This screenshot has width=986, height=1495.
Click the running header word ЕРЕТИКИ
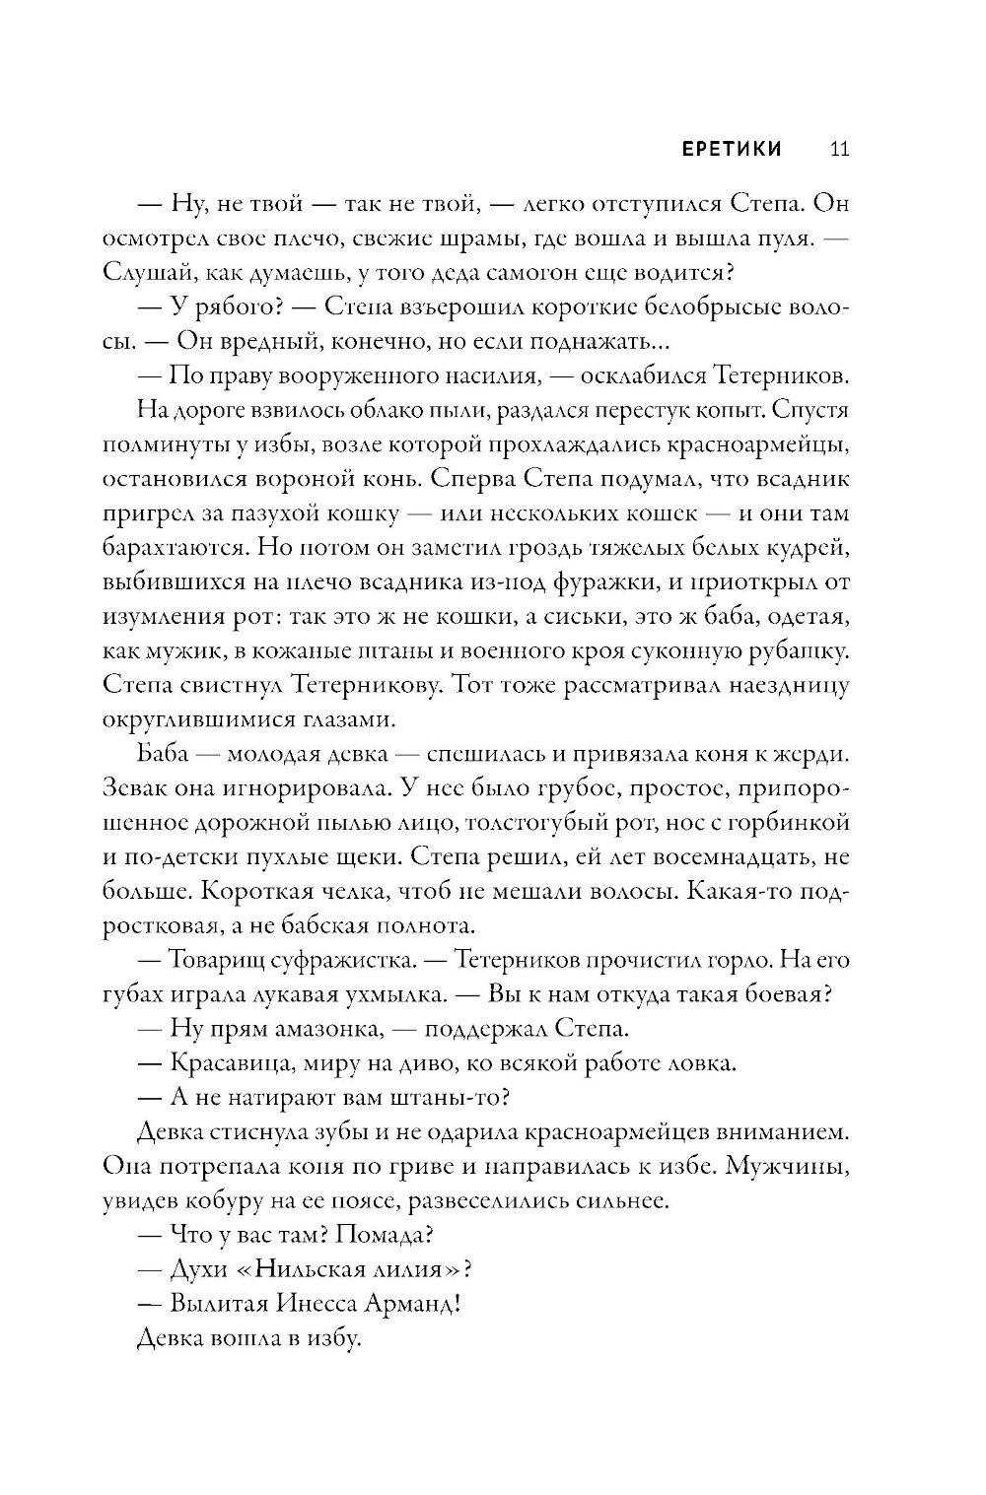(718, 149)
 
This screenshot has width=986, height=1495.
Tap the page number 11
(840, 149)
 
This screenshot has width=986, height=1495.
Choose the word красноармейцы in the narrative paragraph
(762, 444)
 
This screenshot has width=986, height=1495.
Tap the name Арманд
(414, 1303)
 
